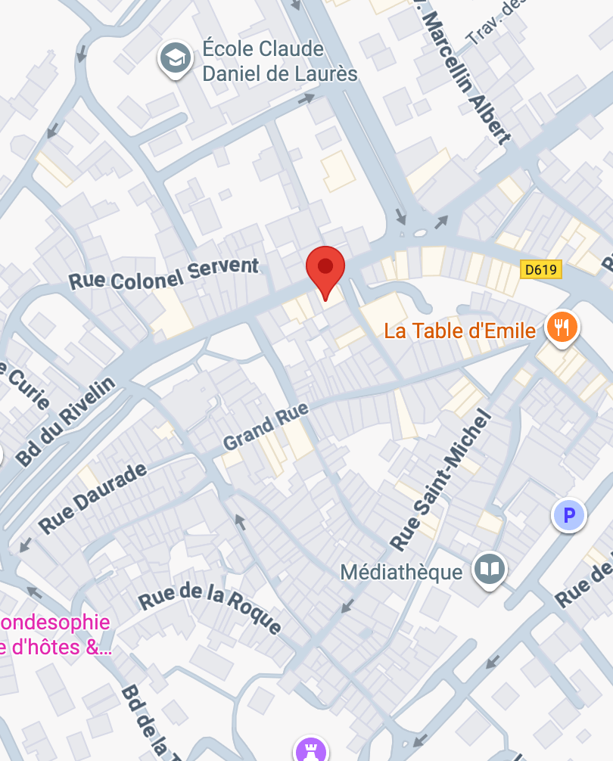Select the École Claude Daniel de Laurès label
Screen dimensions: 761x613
click(x=279, y=61)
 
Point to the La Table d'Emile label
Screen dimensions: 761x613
click(x=459, y=331)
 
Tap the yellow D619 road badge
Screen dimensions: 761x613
click(x=542, y=269)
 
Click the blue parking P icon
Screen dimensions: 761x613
click(x=569, y=516)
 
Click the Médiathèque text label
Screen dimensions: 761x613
click(x=401, y=571)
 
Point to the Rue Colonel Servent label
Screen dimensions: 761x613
click(x=163, y=274)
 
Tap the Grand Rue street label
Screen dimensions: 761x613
click(x=266, y=429)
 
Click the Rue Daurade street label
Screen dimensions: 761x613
click(x=92, y=499)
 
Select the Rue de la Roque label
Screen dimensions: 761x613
click(x=210, y=609)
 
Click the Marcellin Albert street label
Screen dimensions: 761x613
click(x=465, y=74)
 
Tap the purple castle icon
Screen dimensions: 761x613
click(x=310, y=750)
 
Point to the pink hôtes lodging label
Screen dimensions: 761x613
click(x=54, y=635)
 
